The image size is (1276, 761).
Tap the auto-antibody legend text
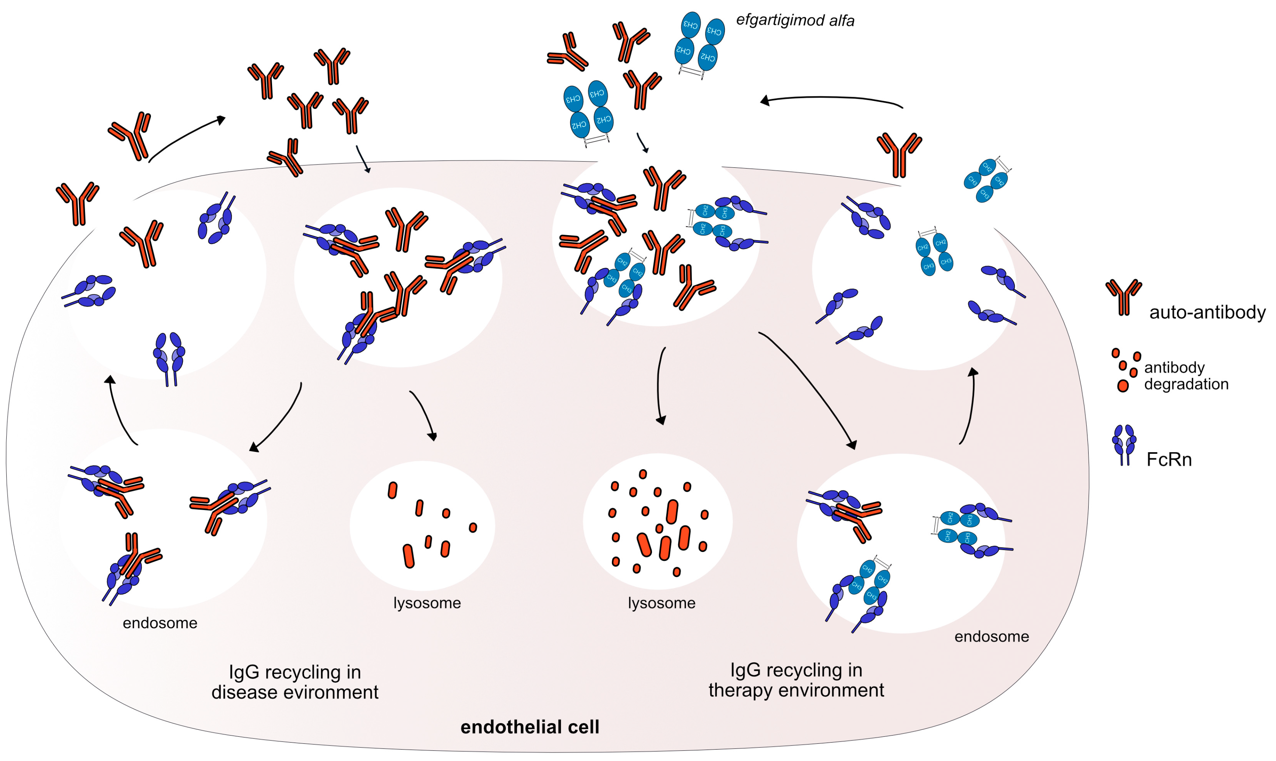tap(1207, 312)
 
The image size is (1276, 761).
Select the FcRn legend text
tap(1169, 460)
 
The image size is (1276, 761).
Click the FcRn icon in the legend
tap(1124, 444)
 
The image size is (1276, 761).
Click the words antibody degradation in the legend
tap(1186, 375)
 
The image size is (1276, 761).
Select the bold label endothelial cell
tap(530, 727)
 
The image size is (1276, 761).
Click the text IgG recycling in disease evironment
tap(295, 682)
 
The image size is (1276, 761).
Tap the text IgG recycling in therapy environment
tap(796, 680)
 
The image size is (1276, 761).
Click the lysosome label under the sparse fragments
tap(427, 603)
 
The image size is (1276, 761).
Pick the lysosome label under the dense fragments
tap(662, 603)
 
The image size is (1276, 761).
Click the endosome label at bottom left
tap(160, 623)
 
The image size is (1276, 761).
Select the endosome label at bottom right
tap(991, 637)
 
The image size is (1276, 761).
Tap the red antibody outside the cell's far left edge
tap(77, 202)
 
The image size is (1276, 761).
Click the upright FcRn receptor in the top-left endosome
tap(169, 357)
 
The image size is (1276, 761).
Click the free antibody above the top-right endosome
tap(899, 154)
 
